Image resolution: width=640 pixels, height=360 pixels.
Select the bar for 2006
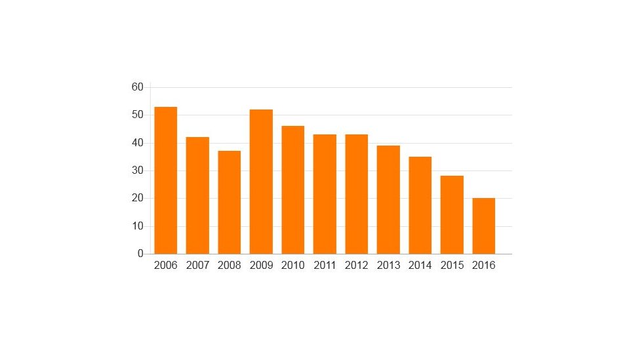pyautogui.click(x=165, y=180)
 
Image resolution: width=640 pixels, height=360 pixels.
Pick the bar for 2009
pyautogui.click(x=261, y=182)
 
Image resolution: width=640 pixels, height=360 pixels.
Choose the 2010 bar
pyautogui.click(x=293, y=190)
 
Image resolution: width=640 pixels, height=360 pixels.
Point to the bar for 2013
pyautogui.click(x=388, y=199)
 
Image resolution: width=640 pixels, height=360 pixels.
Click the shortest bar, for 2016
pyautogui.click(x=484, y=226)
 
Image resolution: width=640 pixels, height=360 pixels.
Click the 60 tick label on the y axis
pyautogui.click(x=137, y=87)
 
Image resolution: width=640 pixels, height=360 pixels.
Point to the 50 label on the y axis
pyautogui.click(x=137, y=115)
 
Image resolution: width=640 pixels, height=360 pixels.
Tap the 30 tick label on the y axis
pyautogui.click(x=137, y=170)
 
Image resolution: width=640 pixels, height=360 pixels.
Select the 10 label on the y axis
pyautogui.click(x=137, y=226)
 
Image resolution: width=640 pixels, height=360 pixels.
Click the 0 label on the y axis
pyautogui.click(x=140, y=254)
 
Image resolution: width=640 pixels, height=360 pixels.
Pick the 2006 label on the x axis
pyautogui.click(x=165, y=266)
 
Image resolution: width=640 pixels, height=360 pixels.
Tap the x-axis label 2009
pyautogui.click(x=261, y=266)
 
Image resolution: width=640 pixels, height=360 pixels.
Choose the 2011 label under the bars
pyautogui.click(x=325, y=266)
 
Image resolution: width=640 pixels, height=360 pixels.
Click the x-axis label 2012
pyautogui.click(x=357, y=266)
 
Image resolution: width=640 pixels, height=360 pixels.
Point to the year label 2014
pyautogui.click(x=420, y=266)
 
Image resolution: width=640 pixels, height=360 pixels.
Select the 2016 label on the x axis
pyautogui.click(x=484, y=266)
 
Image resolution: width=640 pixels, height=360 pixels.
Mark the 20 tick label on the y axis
pyautogui.click(x=137, y=199)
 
